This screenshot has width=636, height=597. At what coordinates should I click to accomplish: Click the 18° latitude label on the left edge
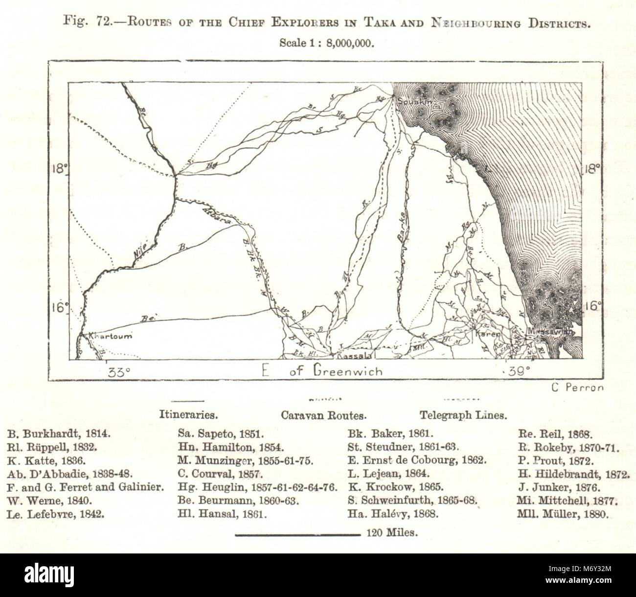(x=60, y=170)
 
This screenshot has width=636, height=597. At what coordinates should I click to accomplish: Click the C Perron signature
(x=577, y=387)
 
